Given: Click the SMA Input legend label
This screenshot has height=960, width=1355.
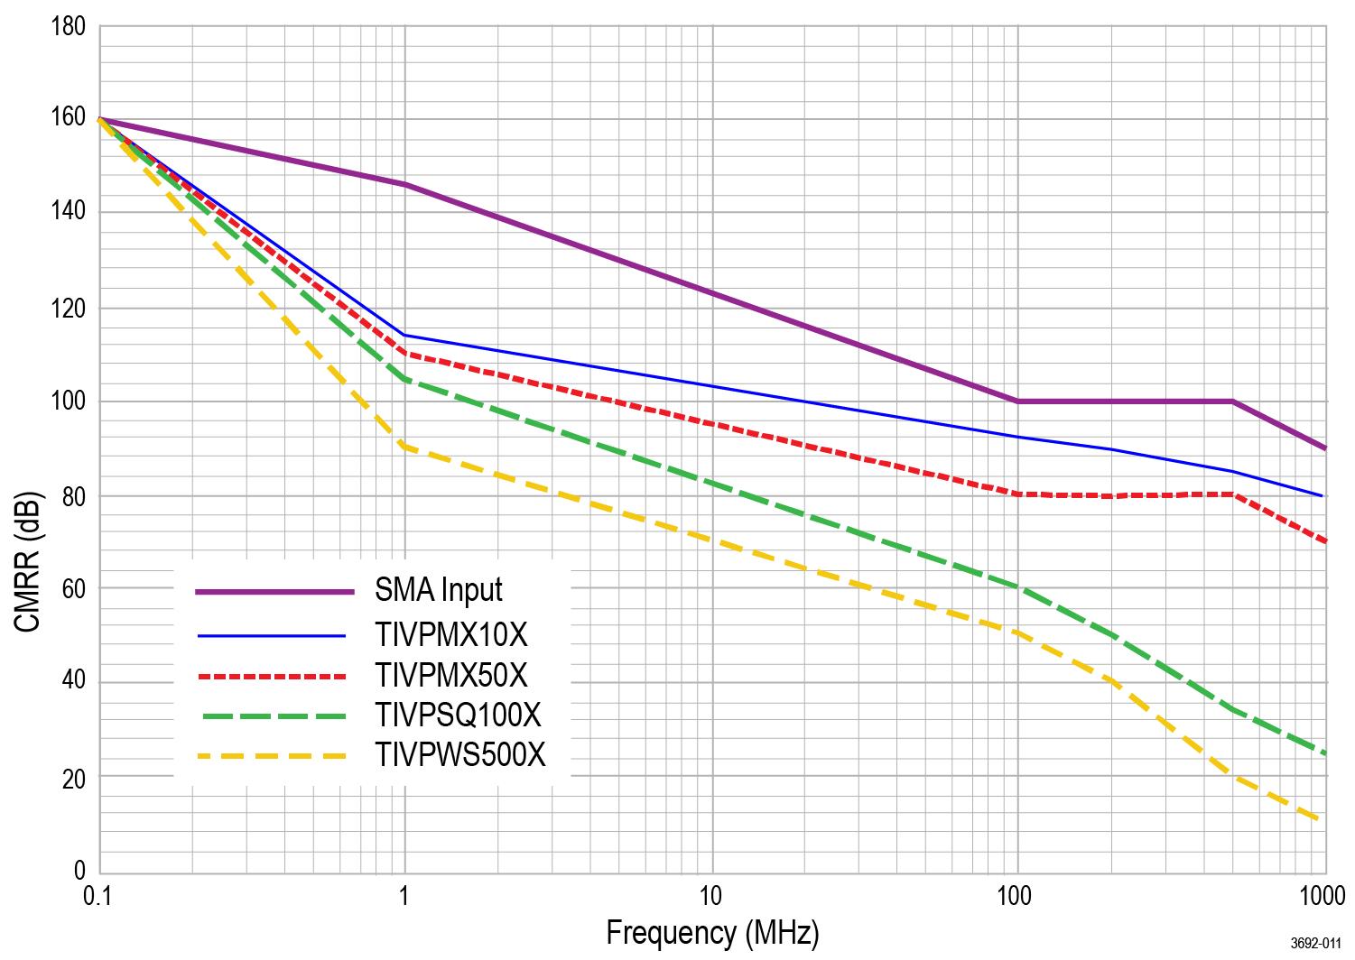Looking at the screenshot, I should (x=439, y=590).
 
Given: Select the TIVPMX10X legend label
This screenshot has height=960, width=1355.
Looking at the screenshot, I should (x=450, y=635).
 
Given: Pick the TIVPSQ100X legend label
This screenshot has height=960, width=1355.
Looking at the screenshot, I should (x=458, y=715).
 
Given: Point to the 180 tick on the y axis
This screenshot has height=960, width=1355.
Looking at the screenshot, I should (x=70, y=26).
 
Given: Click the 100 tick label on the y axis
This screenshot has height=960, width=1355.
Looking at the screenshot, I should (x=70, y=402).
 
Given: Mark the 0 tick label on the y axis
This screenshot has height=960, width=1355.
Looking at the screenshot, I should (x=79, y=871).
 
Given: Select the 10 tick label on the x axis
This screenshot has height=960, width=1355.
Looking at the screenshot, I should (x=711, y=896).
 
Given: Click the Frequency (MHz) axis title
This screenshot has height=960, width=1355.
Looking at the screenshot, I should (x=712, y=932).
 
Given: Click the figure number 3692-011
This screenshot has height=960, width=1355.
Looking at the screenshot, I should (x=1314, y=944).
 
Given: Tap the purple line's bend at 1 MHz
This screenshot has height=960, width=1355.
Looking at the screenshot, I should (x=404, y=184).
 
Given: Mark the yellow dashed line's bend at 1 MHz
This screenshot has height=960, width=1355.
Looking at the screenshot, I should (x=404, y=446).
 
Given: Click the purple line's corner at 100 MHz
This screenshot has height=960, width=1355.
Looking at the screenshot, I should (x=1018, y=401).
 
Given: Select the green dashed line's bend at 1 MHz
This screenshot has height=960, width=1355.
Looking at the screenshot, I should (x=404, y=379).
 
